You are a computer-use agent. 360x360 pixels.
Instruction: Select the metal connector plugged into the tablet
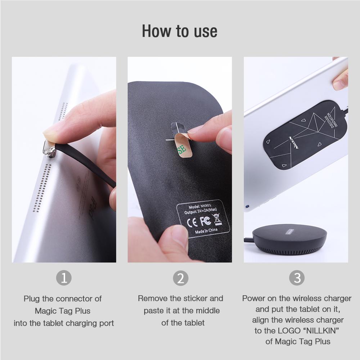tap(48, 148)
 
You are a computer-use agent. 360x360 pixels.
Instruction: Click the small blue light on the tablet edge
tap(248, 207)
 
